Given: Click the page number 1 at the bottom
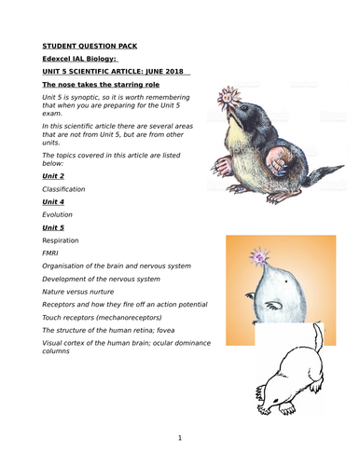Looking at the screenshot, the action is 179,437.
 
